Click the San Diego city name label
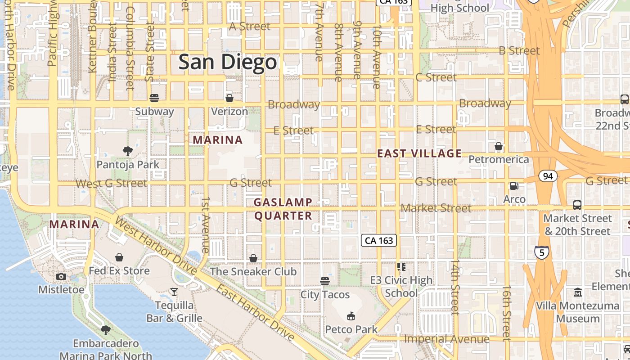coord(227,63)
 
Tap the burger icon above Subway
coord(154,98)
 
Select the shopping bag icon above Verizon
coord(229,98)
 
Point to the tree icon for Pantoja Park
coord(128,151)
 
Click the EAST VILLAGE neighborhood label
coord(419,153)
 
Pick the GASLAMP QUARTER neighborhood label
coord(283,209)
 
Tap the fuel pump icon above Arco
coord(514,185)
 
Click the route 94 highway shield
coord(548,176)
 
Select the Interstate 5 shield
coord(542,252)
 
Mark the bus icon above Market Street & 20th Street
coord(577,205)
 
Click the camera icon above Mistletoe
coord(61,276)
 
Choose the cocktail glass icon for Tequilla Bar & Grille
coord(174,292)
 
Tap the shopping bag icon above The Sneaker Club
coord(253,258)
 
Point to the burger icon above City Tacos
coord(325,281)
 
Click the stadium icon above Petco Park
coord(351,316)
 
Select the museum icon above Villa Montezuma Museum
coord(578,292)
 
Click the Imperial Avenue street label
coord(446,339)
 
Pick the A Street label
coord(250,27)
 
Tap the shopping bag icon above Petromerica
coord(499,146)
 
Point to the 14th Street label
coord(455,287)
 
